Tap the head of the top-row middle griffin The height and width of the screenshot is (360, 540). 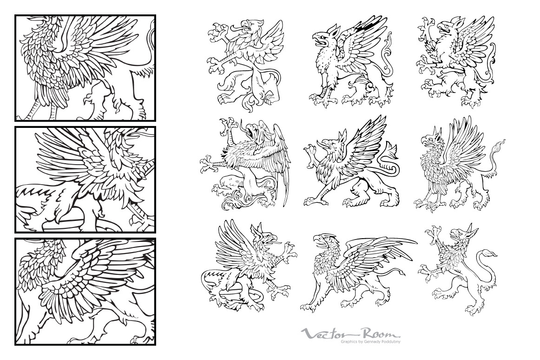(x=323, y=37)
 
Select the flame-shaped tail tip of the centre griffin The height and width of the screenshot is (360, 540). (x=391, y=150)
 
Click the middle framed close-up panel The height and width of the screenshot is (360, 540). (x=85, y=180)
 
